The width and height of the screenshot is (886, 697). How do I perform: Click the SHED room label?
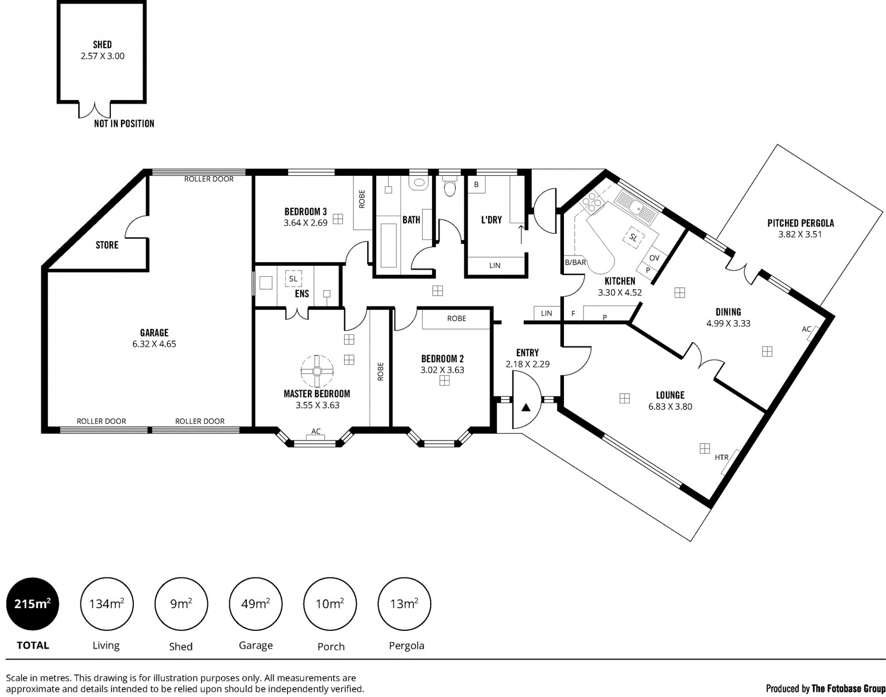[x=102, y=45]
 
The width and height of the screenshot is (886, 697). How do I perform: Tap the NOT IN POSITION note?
[x=124, y=124]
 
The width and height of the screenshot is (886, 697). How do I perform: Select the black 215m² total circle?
[x=33, y=604]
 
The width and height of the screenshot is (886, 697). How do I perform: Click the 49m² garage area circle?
[x=256, y=604]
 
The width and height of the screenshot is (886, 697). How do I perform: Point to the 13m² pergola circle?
[x=404, y=604]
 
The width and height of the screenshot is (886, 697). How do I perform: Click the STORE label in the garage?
[x=107, y=245]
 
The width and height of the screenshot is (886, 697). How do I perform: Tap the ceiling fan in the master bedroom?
[x=317, y=371]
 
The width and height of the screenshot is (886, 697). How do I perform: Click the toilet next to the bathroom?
[x=449, y=187]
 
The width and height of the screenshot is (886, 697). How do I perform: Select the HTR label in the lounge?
[x=722, y=458]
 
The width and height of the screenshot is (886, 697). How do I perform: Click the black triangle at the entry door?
[x=526, y=408]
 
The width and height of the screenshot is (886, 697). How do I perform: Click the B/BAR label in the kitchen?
[x=575, y=262]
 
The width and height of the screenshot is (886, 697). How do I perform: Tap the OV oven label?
[x=654, y=258]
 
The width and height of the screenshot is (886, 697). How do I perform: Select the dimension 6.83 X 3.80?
[x=670, y=406]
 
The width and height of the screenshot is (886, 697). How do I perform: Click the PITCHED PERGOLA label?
[x=801, y=223]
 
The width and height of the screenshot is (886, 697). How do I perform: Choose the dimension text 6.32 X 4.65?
[x=154, y=344]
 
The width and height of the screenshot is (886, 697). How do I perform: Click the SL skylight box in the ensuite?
[x=293, y=279]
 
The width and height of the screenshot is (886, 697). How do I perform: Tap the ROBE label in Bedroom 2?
[x=456, y=318]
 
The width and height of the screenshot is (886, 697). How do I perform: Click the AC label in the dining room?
[x=807, y=329]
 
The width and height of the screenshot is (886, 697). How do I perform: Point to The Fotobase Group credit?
[x=848, y=689]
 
